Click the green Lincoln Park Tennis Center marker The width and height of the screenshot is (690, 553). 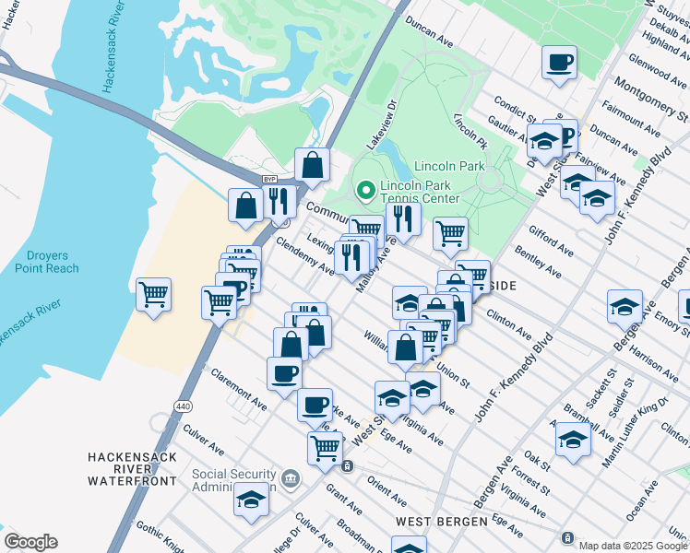point(365,192)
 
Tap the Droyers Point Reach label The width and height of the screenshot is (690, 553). point(47,262)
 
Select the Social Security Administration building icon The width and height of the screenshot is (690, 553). point(291,477)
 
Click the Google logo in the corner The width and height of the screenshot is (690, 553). point(30,542)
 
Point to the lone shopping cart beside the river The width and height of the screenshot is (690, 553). point(153,296)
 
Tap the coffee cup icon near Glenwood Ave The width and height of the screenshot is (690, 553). point(559,64)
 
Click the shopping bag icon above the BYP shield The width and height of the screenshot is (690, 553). point(313,166)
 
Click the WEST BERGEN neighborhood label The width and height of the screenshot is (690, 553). point(441,522)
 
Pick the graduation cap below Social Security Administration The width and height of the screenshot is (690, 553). point(251,500)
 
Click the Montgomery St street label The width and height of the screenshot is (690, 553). point(649,100)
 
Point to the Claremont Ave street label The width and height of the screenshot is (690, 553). point(239,391)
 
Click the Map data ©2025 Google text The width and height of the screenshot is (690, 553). point(633,546)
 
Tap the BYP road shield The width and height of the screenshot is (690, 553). point(269,179)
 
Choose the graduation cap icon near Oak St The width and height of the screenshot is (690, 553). point(573,440)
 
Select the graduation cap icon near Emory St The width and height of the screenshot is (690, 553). point(625,307)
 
